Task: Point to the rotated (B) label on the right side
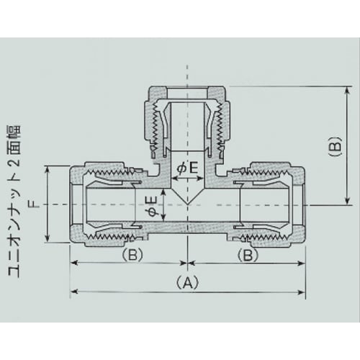pos(333,147)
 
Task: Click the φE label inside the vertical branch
pos(187,168)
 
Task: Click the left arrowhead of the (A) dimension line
pos(74,292)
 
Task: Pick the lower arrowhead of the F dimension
pos(48,240)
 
